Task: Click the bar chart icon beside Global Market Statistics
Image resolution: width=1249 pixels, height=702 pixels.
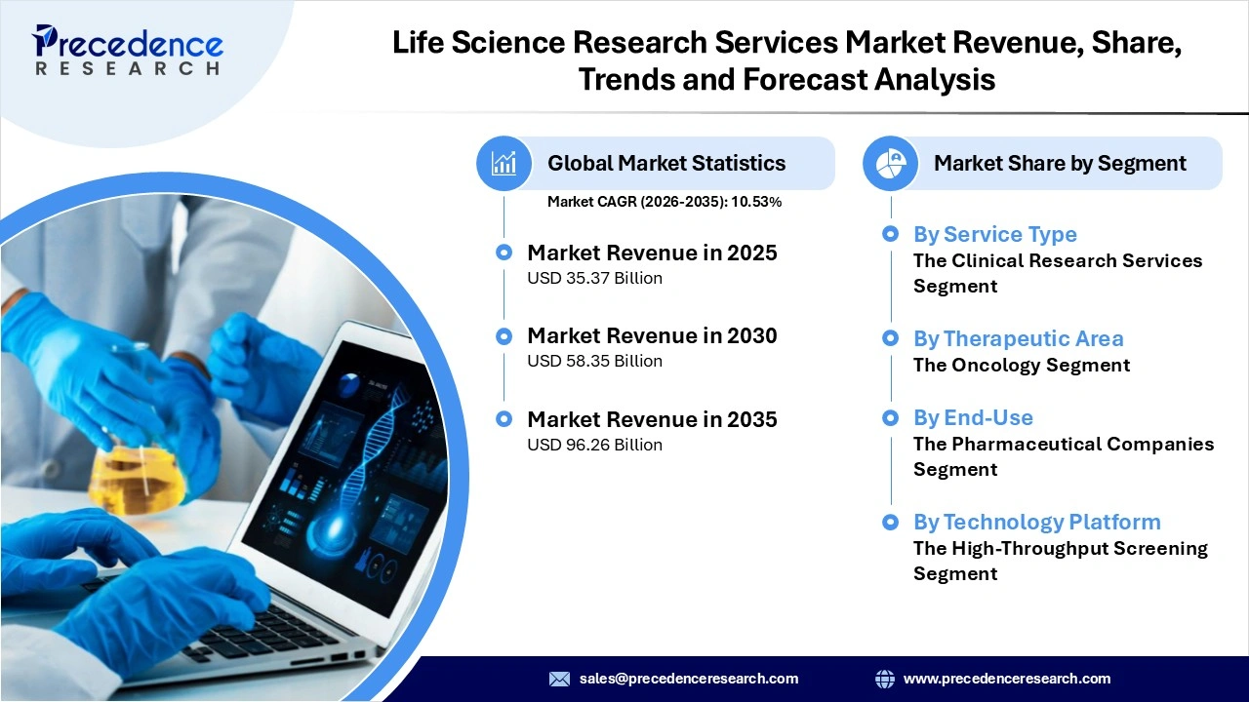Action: [x=504, y=163]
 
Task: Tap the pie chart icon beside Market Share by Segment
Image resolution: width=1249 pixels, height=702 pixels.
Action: [x=890, y=163]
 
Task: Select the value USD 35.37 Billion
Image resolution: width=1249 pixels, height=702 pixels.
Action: [x=594, y=278]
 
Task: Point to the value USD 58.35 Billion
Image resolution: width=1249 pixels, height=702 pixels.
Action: [x=594, y=361]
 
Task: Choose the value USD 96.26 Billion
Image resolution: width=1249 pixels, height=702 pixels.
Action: [x=594, y=445]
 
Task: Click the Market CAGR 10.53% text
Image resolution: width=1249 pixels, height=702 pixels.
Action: [x=664, y=202]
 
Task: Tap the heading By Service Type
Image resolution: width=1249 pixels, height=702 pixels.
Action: [x=994, y=234]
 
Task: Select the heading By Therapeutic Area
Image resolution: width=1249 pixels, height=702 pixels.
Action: [x=1018, y=338]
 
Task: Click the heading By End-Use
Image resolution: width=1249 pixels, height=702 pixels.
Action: [x=972, y=417]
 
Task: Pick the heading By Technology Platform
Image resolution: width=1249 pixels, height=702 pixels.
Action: [x=1036, y=522]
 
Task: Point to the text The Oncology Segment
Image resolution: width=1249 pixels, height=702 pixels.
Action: [x=1021, y=365]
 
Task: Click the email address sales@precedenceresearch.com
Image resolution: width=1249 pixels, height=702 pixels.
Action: [x=688, y=679]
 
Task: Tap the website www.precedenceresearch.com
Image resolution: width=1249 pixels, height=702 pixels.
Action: [x=1006, y=679]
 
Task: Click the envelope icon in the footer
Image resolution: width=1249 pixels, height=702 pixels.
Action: [x=559, y=679]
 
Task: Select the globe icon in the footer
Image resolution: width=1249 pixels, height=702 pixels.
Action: [x=885, y=679]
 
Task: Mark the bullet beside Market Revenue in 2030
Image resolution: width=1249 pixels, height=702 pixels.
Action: [x=504, y=336]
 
